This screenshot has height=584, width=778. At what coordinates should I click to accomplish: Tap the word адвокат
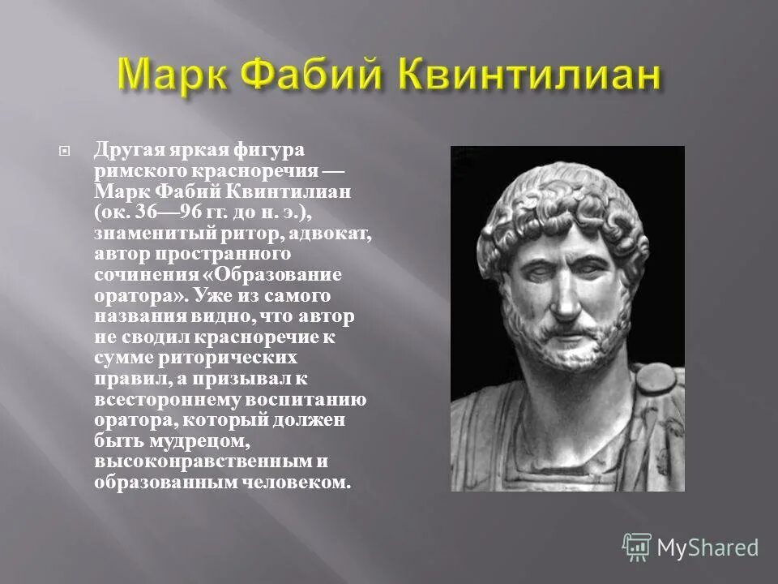click(328, 234)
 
